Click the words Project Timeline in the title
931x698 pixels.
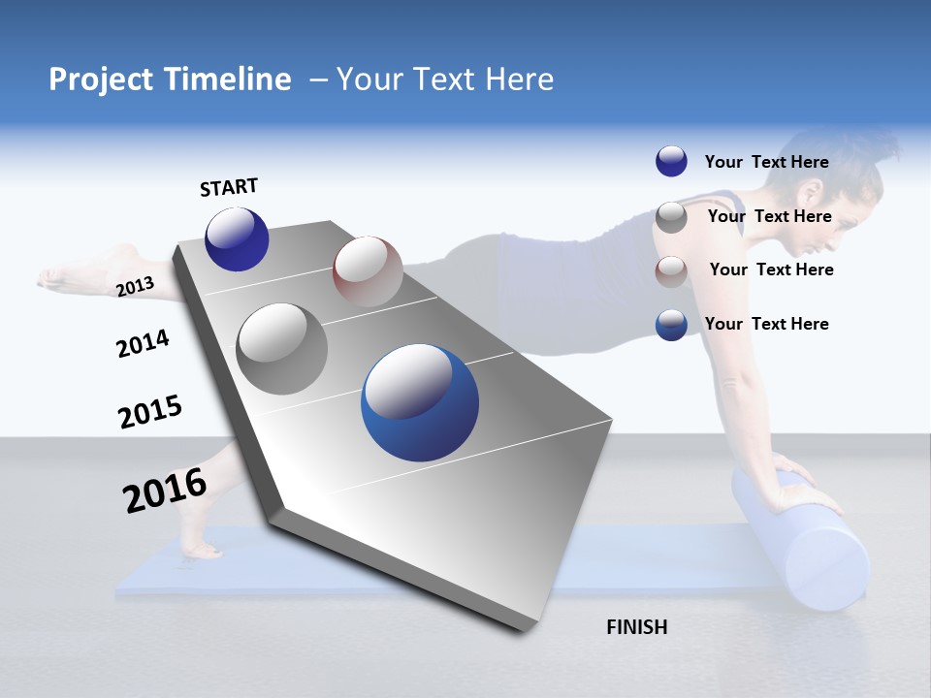click(170, 79)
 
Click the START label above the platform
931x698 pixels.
click(229, 187)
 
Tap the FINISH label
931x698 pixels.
click(636, 627)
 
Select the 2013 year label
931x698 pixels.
click(135, 286)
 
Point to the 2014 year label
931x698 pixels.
click(143, 343)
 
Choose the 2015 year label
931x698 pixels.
click(149, 411)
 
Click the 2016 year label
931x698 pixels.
click(165, 490)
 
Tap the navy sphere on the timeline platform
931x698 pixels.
click(237, 239)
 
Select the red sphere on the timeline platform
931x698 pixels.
click(368, 271)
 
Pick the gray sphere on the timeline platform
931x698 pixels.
click(282, 349)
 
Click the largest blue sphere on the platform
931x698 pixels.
click(420, 402)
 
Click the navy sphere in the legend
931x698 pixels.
click(671, 162)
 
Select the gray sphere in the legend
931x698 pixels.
click(671, 217)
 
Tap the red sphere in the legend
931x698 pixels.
click(671, 270)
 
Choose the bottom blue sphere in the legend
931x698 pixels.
click(671, 325)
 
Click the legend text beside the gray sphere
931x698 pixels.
click(769, 216)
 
